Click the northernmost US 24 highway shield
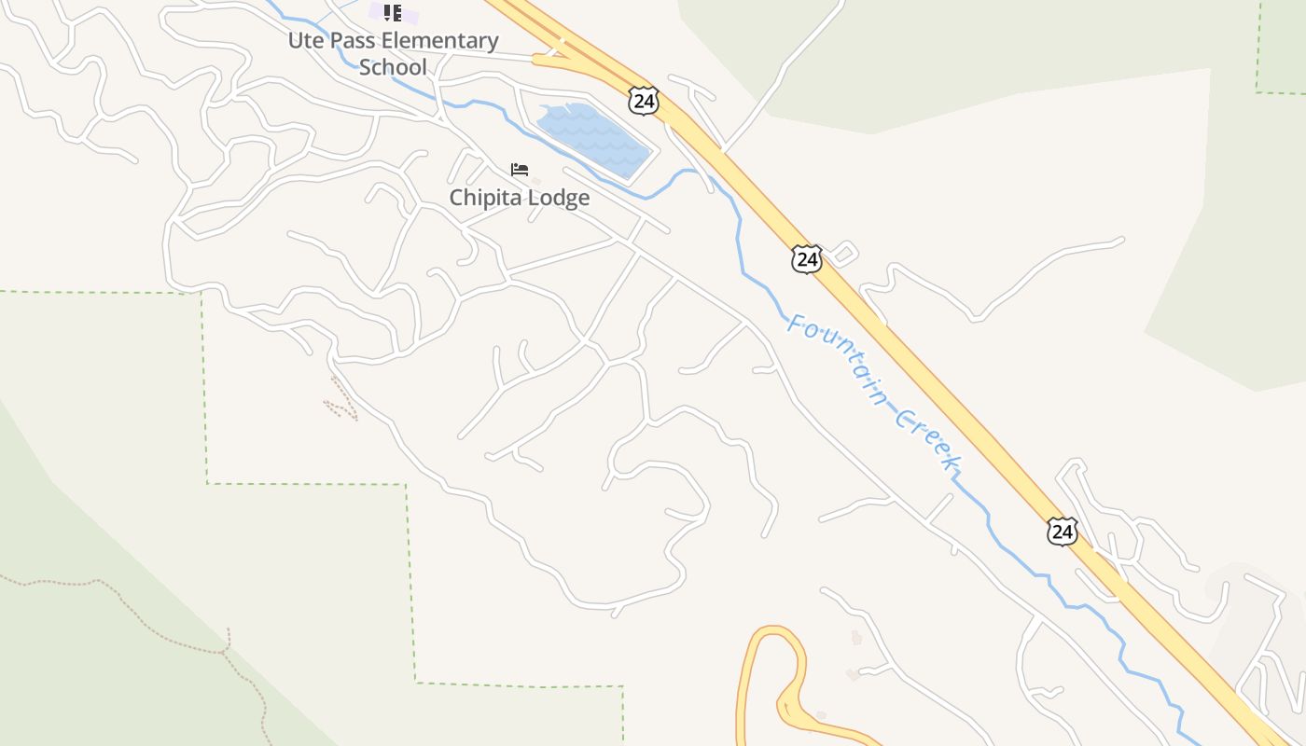point(643,100)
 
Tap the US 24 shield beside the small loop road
point(806,258)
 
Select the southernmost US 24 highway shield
point(1062,531)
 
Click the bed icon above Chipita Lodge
point(520,170)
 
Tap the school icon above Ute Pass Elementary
point(393,13)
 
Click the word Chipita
point(486,198)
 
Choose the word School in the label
point(393,67)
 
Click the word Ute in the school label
point(305,41)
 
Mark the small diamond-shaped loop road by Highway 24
point(843,252)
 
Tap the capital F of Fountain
point(796,324)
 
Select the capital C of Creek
point(903,417)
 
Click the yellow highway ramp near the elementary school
point(550,60)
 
